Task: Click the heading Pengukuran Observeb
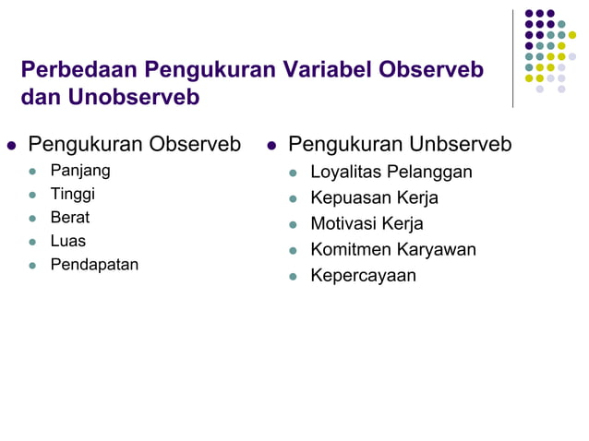click(x=134, y=145)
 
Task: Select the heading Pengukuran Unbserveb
click(x=399, y=145)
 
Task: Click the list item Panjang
click(x=79, y=171)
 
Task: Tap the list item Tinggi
click(x=72, y=194)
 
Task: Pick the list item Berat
click(x=69, y=218)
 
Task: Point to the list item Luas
click(x=67, y=241)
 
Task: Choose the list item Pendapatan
click(x=94, y=265)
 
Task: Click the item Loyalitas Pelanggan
click(x=391, y=172)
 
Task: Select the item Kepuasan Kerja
click(x=374, y=197)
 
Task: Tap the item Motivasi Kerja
click(x=367, y=223)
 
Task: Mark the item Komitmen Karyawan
click(x=392, y=249)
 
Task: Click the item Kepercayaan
click(x=363, y=275)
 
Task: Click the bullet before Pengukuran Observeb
click(x=12, y=146)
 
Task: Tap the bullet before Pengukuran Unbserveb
click(x=272, y=146)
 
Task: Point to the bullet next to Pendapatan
click(x=34, y=266)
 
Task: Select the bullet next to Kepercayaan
click(x=294, y=276)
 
